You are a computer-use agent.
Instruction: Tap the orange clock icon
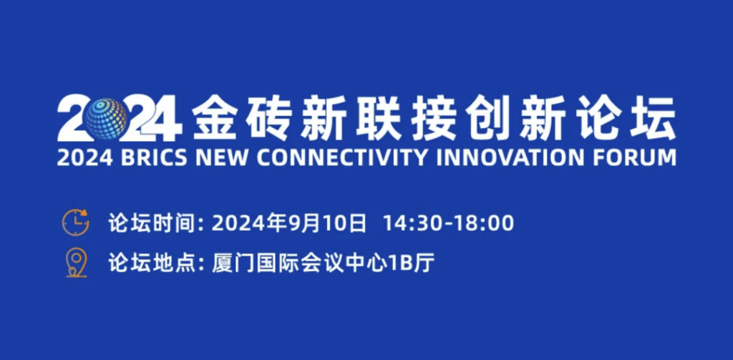[x=75, y=223]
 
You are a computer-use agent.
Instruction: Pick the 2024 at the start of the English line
[x=85, y=158]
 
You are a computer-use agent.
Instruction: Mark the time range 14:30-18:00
[x=449, y=223]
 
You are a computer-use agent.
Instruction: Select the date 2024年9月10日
[x=289, y=223]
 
